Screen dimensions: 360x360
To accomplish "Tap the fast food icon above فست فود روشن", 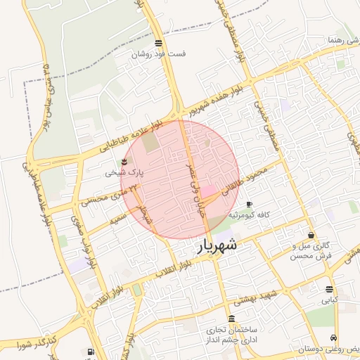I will [158, 43].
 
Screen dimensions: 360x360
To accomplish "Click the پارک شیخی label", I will [124, 172].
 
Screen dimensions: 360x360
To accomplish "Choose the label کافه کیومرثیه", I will [246, 214].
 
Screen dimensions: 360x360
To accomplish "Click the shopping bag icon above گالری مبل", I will [311, 235].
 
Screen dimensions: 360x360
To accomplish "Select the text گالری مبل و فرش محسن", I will [311, 251].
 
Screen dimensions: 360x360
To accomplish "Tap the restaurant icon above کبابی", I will [329, 289].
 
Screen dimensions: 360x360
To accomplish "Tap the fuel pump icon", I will [90, 352].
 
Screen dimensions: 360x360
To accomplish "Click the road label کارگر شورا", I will [24, 345].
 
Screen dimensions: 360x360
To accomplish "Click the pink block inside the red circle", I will [209, 191].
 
